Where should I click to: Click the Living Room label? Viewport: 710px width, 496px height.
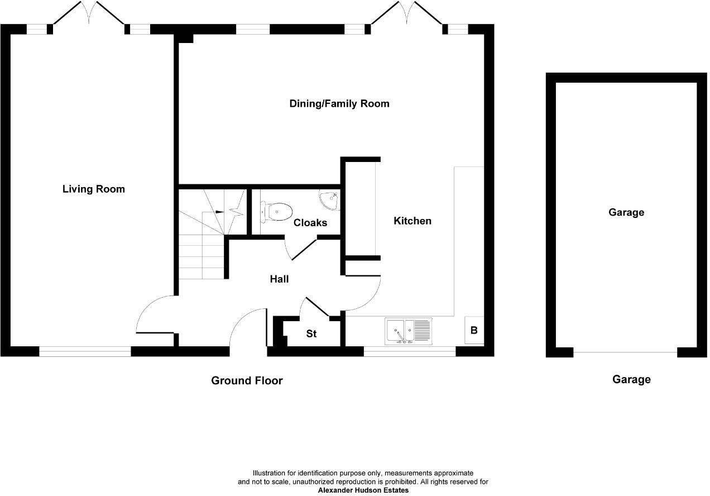pyautogui.click(x=93, y=189)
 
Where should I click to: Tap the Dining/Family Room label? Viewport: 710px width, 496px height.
pyautogui.click(x=339, y=104)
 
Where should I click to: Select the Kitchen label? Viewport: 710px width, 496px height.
pyautogui.click(x=412, y=221)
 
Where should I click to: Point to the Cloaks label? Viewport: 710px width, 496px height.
pyautogui.click(x=310, y=223)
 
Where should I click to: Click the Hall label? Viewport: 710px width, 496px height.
pyautogui.click(x=279, y=279)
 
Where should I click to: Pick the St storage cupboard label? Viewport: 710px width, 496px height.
pyautogui.click(x=311, y=334)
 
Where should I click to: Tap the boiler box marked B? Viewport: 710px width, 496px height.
pyautogui.click(x=474, y=330)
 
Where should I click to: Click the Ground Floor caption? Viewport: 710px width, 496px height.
pyautogui.click(x=247, y=381)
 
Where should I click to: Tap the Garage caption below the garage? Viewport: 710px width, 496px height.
pyautogui.click(x=631, y=380)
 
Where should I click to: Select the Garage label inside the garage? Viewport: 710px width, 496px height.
pyautogui.click(x=626, y=213)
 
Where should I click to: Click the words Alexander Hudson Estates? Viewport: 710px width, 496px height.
pyautogui.click(x=363, y=490)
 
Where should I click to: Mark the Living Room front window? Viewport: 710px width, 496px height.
pyautogui.click(x=85, y=351)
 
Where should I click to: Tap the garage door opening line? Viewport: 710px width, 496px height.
pyautogui.click(x=625, y=352)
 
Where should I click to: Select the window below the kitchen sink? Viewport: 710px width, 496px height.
pyautogui.click(x=409, y=351)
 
